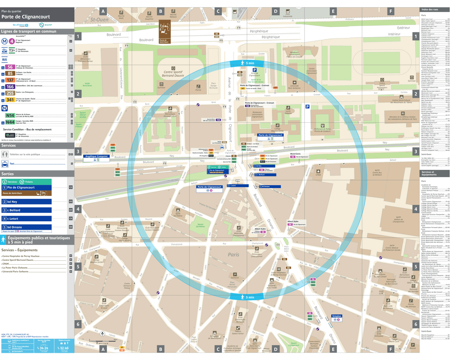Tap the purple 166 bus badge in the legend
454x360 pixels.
tap(10, 87)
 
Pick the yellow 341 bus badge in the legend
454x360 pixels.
tap(10, 100)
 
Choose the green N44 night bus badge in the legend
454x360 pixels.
tap(10, 123)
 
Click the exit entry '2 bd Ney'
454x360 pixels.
tap(34, 202)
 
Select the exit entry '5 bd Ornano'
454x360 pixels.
tap(34, 227)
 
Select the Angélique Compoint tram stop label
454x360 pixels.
tap(97, 156)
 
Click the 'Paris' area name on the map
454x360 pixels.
tap(234, 255)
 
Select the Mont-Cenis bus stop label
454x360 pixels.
tap(295, 154)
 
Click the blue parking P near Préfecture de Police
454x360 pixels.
tap(307, 106)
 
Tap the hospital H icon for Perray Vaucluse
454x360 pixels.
tap(278, 269)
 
